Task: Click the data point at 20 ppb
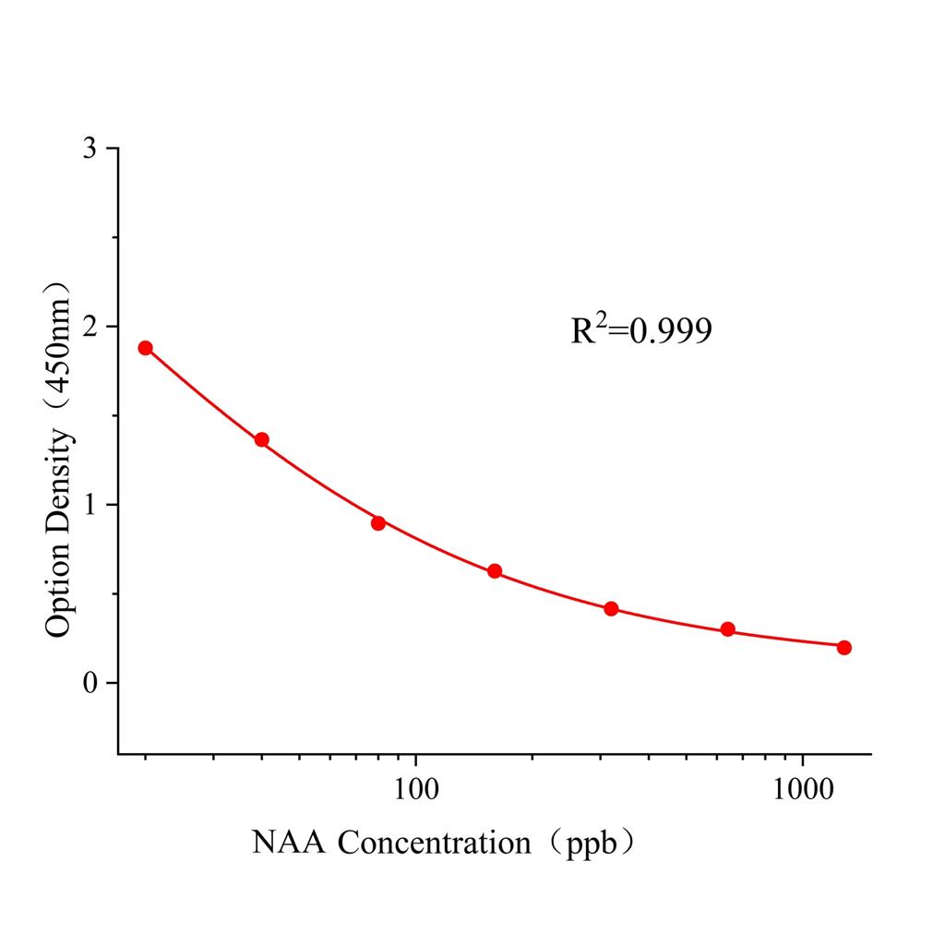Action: click(x=145, y=348)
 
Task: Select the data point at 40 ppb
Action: click(x=262, y=440)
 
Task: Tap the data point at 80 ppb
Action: click(x=378, y=523)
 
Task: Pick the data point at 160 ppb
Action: click(x=495, y=571)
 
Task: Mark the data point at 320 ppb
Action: click(x=611, y=609)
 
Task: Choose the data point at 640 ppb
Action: click(x=728, y=629)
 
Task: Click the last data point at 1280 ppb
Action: click(x=844, y=648)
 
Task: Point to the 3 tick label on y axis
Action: click(x=90, y=150)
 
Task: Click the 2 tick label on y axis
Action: click(x=90, y=328)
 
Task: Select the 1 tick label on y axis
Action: click(x=90, y=506)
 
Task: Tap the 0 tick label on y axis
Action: click(x=90, y=684)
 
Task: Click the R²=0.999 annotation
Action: click(x=641, y=330)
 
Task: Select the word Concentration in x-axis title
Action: click(x=435, y=843)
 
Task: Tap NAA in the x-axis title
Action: click(x=290, y=843)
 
